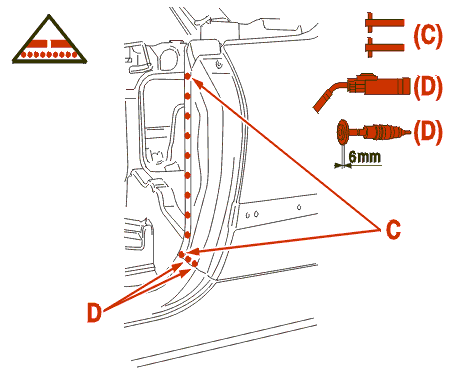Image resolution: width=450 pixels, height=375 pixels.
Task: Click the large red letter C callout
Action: [393, 229]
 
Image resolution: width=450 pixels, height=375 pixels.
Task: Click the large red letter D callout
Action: [94, 312]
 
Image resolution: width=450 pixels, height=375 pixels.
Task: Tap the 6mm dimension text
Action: [365, 156]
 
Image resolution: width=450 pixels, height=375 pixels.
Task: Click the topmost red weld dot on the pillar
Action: [188, 76]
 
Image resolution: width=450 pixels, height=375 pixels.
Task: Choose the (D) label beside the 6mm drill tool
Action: [428, 131]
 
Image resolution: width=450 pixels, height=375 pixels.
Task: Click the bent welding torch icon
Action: [362, 87]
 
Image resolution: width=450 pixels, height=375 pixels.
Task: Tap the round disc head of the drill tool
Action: [342, 131]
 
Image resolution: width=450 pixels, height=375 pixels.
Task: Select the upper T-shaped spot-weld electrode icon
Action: [384, 23]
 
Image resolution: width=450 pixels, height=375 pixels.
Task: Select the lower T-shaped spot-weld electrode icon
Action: [384, 47]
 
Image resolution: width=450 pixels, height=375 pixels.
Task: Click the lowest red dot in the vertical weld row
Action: [187, 234]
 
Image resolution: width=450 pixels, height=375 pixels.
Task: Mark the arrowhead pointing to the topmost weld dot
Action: [195, 81]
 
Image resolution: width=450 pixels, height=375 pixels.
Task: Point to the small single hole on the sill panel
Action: [299, 207]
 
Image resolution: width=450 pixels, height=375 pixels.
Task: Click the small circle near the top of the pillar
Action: [219, 64]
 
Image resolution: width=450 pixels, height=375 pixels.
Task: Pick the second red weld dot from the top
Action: [187, 96]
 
